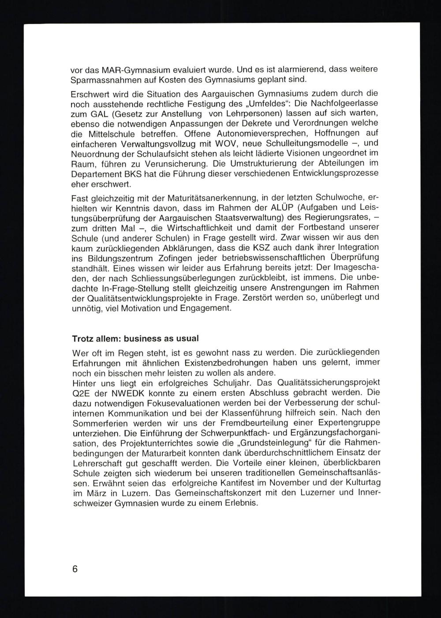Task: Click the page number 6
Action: (75, 569)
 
